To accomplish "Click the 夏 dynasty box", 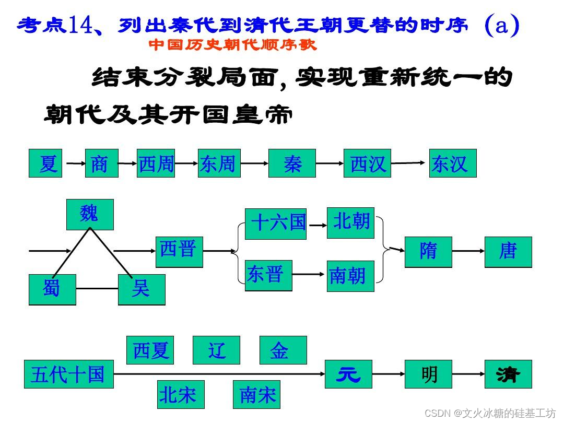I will [x=45, y=163].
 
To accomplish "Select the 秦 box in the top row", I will [x=292, y=163].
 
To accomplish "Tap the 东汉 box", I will [x=453, y=163].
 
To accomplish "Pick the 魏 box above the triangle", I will [x=90, y=214].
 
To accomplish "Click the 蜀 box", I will [x=52, y=289].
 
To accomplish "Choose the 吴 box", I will [x=142, y=289].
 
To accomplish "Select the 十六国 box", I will [x=276, y=224].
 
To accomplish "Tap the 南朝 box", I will [x=350, y=276].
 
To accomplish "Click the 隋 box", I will [x=428, y=252].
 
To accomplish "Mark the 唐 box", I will [x=508, y=252].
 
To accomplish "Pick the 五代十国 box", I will [x=69, y=374].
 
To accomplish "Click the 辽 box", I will [x=216, y=350].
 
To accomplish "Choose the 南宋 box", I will [x=256, y=395].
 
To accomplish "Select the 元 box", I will [x=348, y=374].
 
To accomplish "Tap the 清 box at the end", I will [x=508, y=374].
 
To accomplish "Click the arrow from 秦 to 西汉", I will [x=330, y=163].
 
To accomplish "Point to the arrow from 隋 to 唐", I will [x=468, y=251].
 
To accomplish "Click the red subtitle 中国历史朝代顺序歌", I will [x=233, y=45].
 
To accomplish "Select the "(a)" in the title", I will [x=501, y=25].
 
